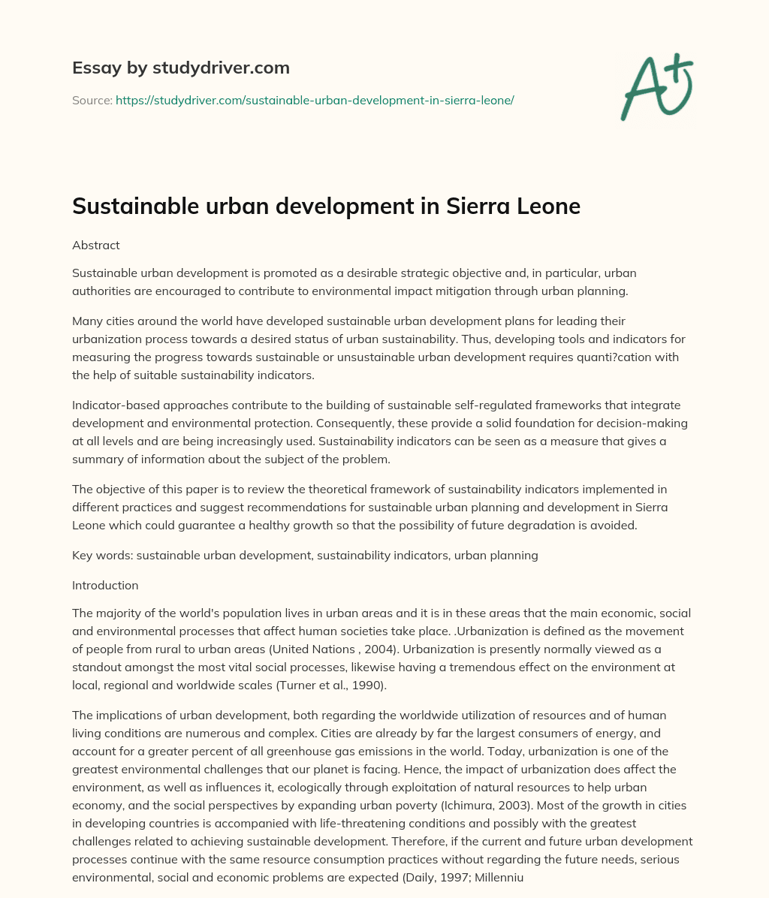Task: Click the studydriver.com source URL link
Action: tap(314, 100)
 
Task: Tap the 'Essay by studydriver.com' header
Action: tap(180, 68)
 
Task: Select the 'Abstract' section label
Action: tap(95, 245)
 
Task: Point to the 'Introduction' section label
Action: tap(105, 585)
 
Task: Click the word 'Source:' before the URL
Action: tap(92, 100)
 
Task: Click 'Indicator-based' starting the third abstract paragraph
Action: tap(111, 405)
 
